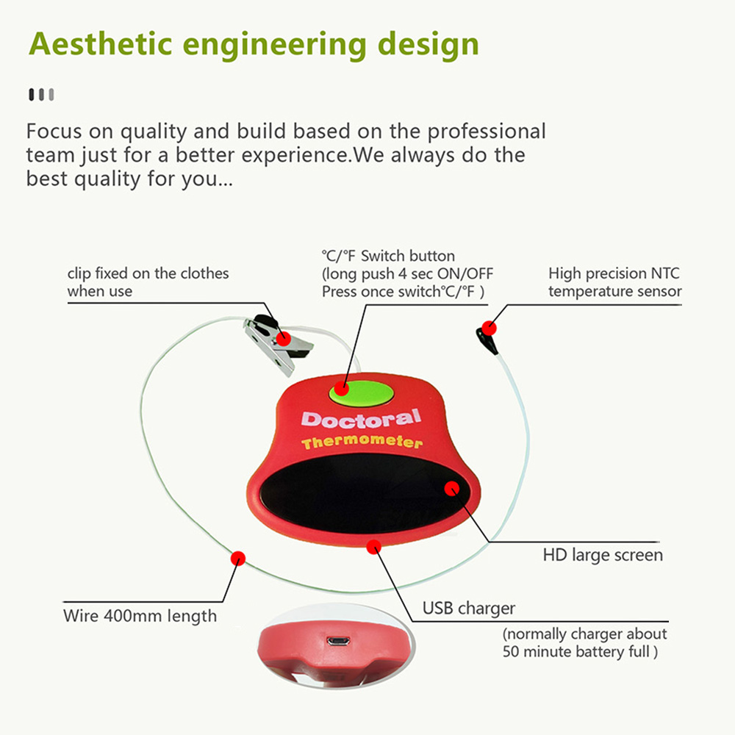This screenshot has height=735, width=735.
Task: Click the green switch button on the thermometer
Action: pyautogui.click(x=362, y=393)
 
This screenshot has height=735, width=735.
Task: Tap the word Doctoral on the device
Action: pyautogui.click(x=361, y=419)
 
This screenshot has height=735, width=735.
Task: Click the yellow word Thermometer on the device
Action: pyautogui.click(x=362, y=442)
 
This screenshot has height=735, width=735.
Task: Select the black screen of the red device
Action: pyautogui.click(x=365, y=493)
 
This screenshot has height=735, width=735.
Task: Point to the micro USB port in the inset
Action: pyautogui.click(x=338, y=641)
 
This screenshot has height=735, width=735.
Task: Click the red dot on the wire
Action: pyautogui.click(x=238, y=559)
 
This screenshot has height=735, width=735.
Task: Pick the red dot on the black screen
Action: pyautogui.click(x=452, y=489)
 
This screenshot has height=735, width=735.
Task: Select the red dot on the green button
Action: pyautogui.click(x=341, y=388)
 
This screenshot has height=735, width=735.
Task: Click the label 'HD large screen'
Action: pyautogui.click(x=603, y=555)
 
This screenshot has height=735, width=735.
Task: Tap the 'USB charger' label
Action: pyautogui.click(x=469, y=609)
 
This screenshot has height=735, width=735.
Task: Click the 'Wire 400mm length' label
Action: pyautogui.click(x=140, y=616)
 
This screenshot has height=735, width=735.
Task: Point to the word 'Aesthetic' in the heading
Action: pyautogui.click(x=101, y=44)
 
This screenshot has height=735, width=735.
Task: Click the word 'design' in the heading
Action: pyautogui.click(x=428, y=46)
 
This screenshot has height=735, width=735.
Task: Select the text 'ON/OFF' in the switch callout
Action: pyautogui.click(x=465, y=273)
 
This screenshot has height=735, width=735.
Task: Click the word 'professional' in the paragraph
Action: pyautogui.click(x=486, y=132)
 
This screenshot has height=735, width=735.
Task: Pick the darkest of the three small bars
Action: pyautogui.click(x=32, y=94)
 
